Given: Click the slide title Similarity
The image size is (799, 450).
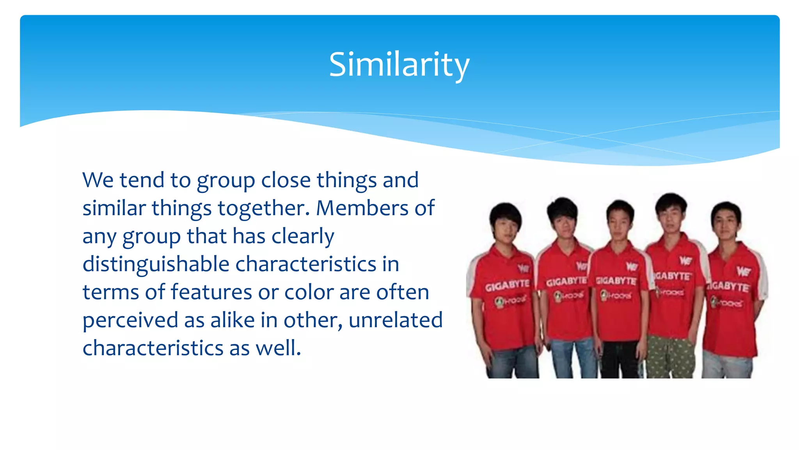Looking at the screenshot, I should (x=399, y=65).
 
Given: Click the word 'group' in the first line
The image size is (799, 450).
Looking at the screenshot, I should (x=225, y=181).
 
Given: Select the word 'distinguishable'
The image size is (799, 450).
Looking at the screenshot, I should (x=156, y=264).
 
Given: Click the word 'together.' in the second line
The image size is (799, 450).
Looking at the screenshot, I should (x=263, y=208).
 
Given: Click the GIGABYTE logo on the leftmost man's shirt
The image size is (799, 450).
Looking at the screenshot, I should (x=507, y=286).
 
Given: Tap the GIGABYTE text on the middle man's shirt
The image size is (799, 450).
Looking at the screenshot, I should (x=616, y=280).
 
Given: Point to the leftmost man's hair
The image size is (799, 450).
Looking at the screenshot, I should (x=506, y=213).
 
